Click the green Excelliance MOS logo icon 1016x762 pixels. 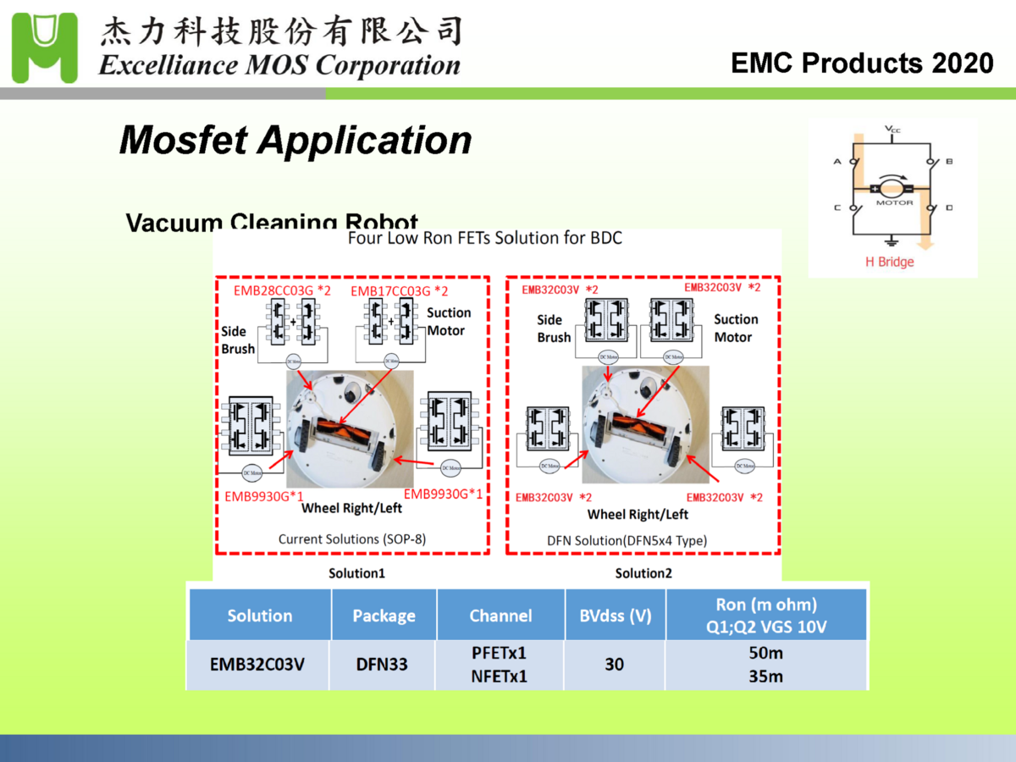45,47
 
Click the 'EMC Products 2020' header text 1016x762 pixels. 862,63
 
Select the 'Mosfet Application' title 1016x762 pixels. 295,140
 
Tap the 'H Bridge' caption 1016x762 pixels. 889,262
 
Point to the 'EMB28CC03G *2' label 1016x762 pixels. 281,291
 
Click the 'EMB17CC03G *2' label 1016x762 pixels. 399,291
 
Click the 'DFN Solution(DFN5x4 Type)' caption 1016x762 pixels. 627,539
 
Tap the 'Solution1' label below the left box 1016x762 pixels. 356,573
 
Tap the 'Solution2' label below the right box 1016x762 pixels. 643,573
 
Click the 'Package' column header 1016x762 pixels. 384,616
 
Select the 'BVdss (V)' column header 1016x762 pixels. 615,616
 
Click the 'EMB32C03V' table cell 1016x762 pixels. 257,665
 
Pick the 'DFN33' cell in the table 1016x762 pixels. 382,665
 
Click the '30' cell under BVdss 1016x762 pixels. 614,665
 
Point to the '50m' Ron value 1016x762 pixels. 765,654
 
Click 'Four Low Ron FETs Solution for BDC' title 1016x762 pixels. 484,238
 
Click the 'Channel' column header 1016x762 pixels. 500,616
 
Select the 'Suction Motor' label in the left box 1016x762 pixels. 448,322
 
